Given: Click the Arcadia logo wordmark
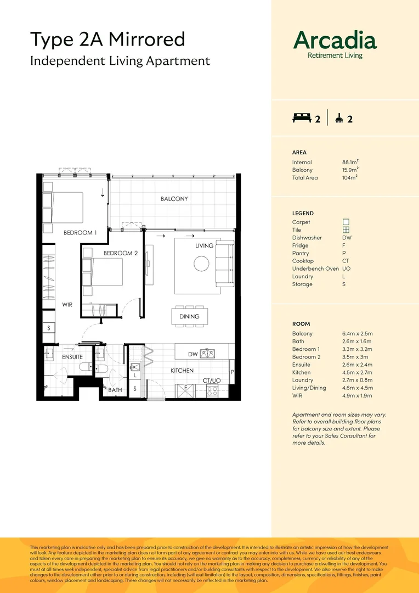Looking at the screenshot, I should [335, 41].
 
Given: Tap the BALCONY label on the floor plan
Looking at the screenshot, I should [174, 199].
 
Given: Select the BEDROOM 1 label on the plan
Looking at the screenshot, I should [80, 233].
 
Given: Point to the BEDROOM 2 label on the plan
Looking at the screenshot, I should [121, 253].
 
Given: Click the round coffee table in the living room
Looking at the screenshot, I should [201, 264].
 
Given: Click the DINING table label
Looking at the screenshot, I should [189, 316].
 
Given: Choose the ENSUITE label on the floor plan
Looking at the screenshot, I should [72, 357].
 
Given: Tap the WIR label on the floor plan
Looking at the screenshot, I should [67, 304].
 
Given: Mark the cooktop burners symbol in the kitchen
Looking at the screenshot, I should [212, 391].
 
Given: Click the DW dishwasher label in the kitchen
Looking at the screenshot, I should [192, 354].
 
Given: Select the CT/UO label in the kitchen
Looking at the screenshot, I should [211, 380].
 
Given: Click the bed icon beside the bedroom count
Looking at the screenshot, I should [302, 118].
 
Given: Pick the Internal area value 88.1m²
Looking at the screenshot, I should [350, 162].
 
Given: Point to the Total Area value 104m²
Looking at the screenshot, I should [349, 178].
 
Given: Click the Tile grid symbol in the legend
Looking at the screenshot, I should [346, 230].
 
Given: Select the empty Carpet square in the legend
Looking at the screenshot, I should [346, 222].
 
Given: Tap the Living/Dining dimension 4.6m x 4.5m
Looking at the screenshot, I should [358, 388].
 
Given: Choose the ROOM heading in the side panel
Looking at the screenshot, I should [301, 324].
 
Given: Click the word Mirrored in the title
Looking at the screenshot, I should [147, 40].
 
